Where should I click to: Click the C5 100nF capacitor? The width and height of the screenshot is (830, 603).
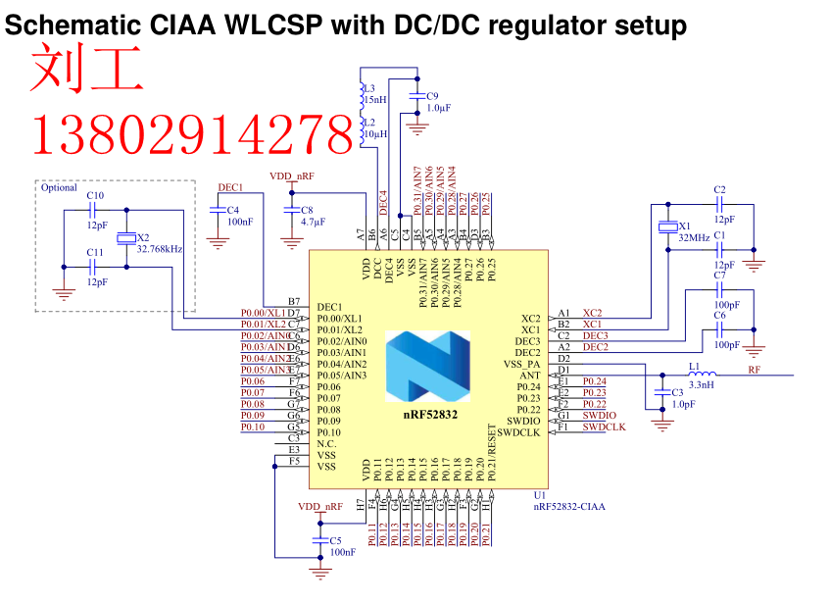(x=319, y=541)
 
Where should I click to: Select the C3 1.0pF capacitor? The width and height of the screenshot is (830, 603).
(x=662, y=397)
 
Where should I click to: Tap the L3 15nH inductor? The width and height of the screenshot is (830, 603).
(x=363, y=93)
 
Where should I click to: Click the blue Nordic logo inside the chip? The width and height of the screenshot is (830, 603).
(x=427, y=366)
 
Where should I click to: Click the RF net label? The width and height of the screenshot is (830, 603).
(x=754, y=371)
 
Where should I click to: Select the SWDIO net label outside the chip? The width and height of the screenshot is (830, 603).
(x=600, y=416)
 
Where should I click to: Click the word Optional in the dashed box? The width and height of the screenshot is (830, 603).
(x=59, y=187)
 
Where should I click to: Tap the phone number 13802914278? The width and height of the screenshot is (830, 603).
(x=192, y=135)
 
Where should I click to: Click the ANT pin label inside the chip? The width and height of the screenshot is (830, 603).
(x=529, y=375)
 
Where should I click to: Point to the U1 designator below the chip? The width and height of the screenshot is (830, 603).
(x=539, y=495)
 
